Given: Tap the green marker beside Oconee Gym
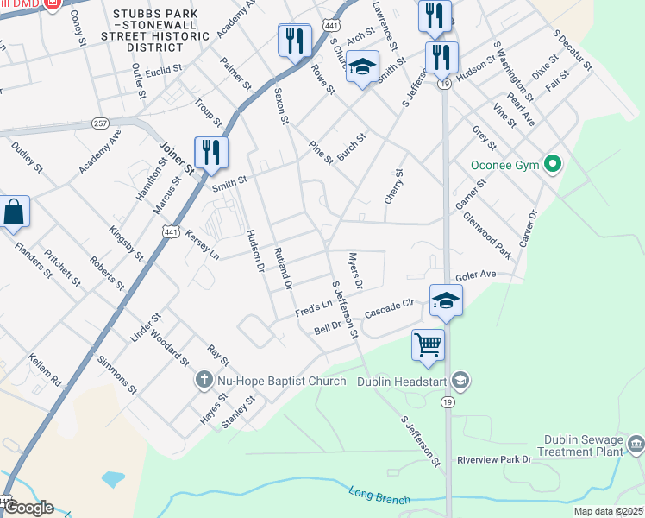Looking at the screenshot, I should pyautogui.click(x=554, y=164).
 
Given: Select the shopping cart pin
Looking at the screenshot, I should pyautogui.click(x=428, y=345).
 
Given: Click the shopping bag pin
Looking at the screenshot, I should pyautogui.click(x=14, y=212).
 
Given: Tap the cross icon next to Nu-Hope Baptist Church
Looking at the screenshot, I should pyautogui.click(x=203, y=379).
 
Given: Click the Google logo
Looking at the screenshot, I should pyautogui.click(x=28, y=508).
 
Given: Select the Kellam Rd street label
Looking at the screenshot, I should pyautogui.click(x=46, y=370).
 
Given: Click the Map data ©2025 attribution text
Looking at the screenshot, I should pyautogui.click(x=609, y=512).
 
